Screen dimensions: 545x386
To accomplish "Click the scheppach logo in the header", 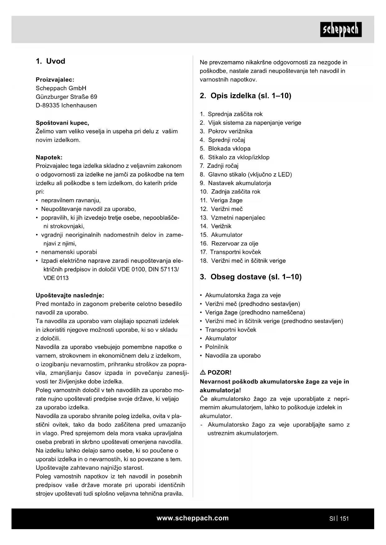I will coord(341,30).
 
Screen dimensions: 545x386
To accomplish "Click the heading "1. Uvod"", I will coord(50,61).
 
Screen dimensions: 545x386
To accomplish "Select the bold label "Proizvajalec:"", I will coord(55,80).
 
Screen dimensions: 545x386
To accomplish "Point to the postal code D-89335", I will coord(48,105).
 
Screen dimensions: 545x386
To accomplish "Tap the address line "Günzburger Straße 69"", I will coord(66,97).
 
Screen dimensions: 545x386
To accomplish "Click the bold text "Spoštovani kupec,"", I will coord(62,123).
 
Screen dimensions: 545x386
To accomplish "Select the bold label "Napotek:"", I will coord(49,157).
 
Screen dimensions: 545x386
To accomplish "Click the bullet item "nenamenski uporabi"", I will coord(69,252).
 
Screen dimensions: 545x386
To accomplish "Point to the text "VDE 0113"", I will coord(56,278).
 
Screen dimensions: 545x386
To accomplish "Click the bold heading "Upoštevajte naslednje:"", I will coord(70,295).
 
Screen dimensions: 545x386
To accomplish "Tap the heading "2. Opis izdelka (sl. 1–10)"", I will coord(245,96).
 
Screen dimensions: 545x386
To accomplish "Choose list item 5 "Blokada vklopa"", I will coord(229,149).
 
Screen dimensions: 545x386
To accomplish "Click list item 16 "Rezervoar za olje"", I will coord(235,243).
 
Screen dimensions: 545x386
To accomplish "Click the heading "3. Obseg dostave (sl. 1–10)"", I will coord(251,277).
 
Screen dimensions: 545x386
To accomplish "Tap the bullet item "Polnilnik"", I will coord(216,347).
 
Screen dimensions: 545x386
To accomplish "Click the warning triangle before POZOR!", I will coord(203,372).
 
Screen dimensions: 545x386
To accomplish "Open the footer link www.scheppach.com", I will coord(193,518).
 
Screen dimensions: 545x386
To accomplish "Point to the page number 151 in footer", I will coord(344,518).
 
